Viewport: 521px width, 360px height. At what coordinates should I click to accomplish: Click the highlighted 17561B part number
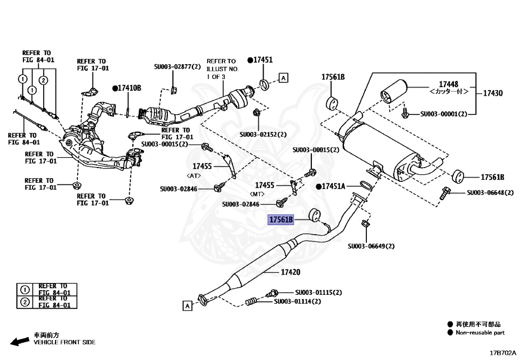point(282,220)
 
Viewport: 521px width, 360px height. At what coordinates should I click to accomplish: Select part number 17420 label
point(292,272)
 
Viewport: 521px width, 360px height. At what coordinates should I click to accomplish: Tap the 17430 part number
point(492,93)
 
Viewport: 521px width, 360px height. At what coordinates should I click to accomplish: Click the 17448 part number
point(438,84)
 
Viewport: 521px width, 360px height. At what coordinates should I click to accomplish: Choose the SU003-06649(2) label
point(371,246)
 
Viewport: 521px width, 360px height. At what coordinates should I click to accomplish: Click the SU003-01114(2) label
point(298,301)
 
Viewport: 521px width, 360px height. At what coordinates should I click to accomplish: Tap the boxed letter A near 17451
point(283,78)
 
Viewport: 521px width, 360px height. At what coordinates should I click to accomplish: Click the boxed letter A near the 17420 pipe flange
point(187,306)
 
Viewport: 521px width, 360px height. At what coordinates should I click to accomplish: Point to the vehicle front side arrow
point(20,341)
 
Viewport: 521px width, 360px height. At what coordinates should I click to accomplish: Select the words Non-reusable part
point(480,333)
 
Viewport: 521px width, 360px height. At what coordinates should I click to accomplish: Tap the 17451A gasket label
point(335,186)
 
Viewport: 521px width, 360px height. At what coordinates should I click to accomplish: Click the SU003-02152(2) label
point(264,134)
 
